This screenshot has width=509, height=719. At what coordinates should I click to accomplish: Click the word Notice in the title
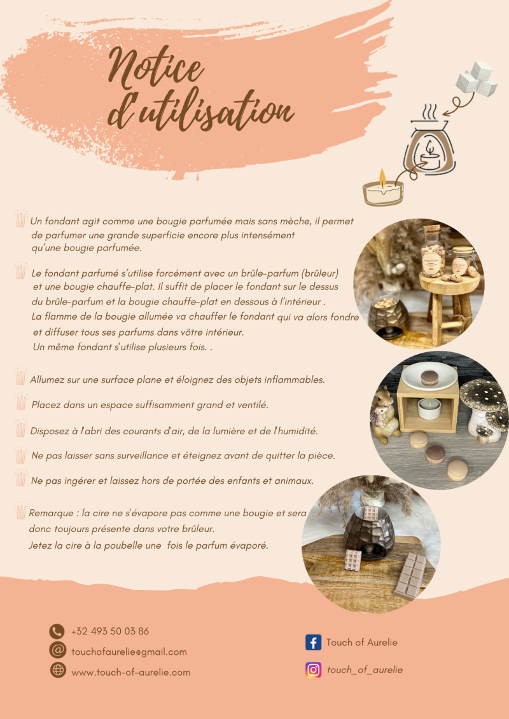point(156,69)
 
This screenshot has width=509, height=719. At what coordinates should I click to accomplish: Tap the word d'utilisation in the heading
point(200,110)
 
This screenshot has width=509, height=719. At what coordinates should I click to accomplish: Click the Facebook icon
point(314,643)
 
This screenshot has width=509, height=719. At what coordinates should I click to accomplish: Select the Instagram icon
point(314,670)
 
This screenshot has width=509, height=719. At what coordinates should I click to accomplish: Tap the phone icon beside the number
point(57,631)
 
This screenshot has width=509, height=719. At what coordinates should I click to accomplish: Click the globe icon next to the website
point(58,670)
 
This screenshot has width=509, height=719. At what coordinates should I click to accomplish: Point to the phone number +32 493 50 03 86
point(110,631)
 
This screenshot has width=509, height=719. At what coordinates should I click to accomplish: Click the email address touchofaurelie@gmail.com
point(129,652)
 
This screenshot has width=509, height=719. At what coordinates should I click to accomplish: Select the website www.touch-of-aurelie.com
point(131,672)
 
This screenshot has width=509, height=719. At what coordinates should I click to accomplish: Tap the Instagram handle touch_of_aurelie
point(365,670)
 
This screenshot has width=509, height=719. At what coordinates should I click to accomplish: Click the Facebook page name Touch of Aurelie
point(361,643)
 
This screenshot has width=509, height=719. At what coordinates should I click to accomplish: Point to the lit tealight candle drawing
point(383,189)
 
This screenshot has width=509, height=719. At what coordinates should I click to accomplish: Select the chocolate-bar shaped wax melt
point(410,577)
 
